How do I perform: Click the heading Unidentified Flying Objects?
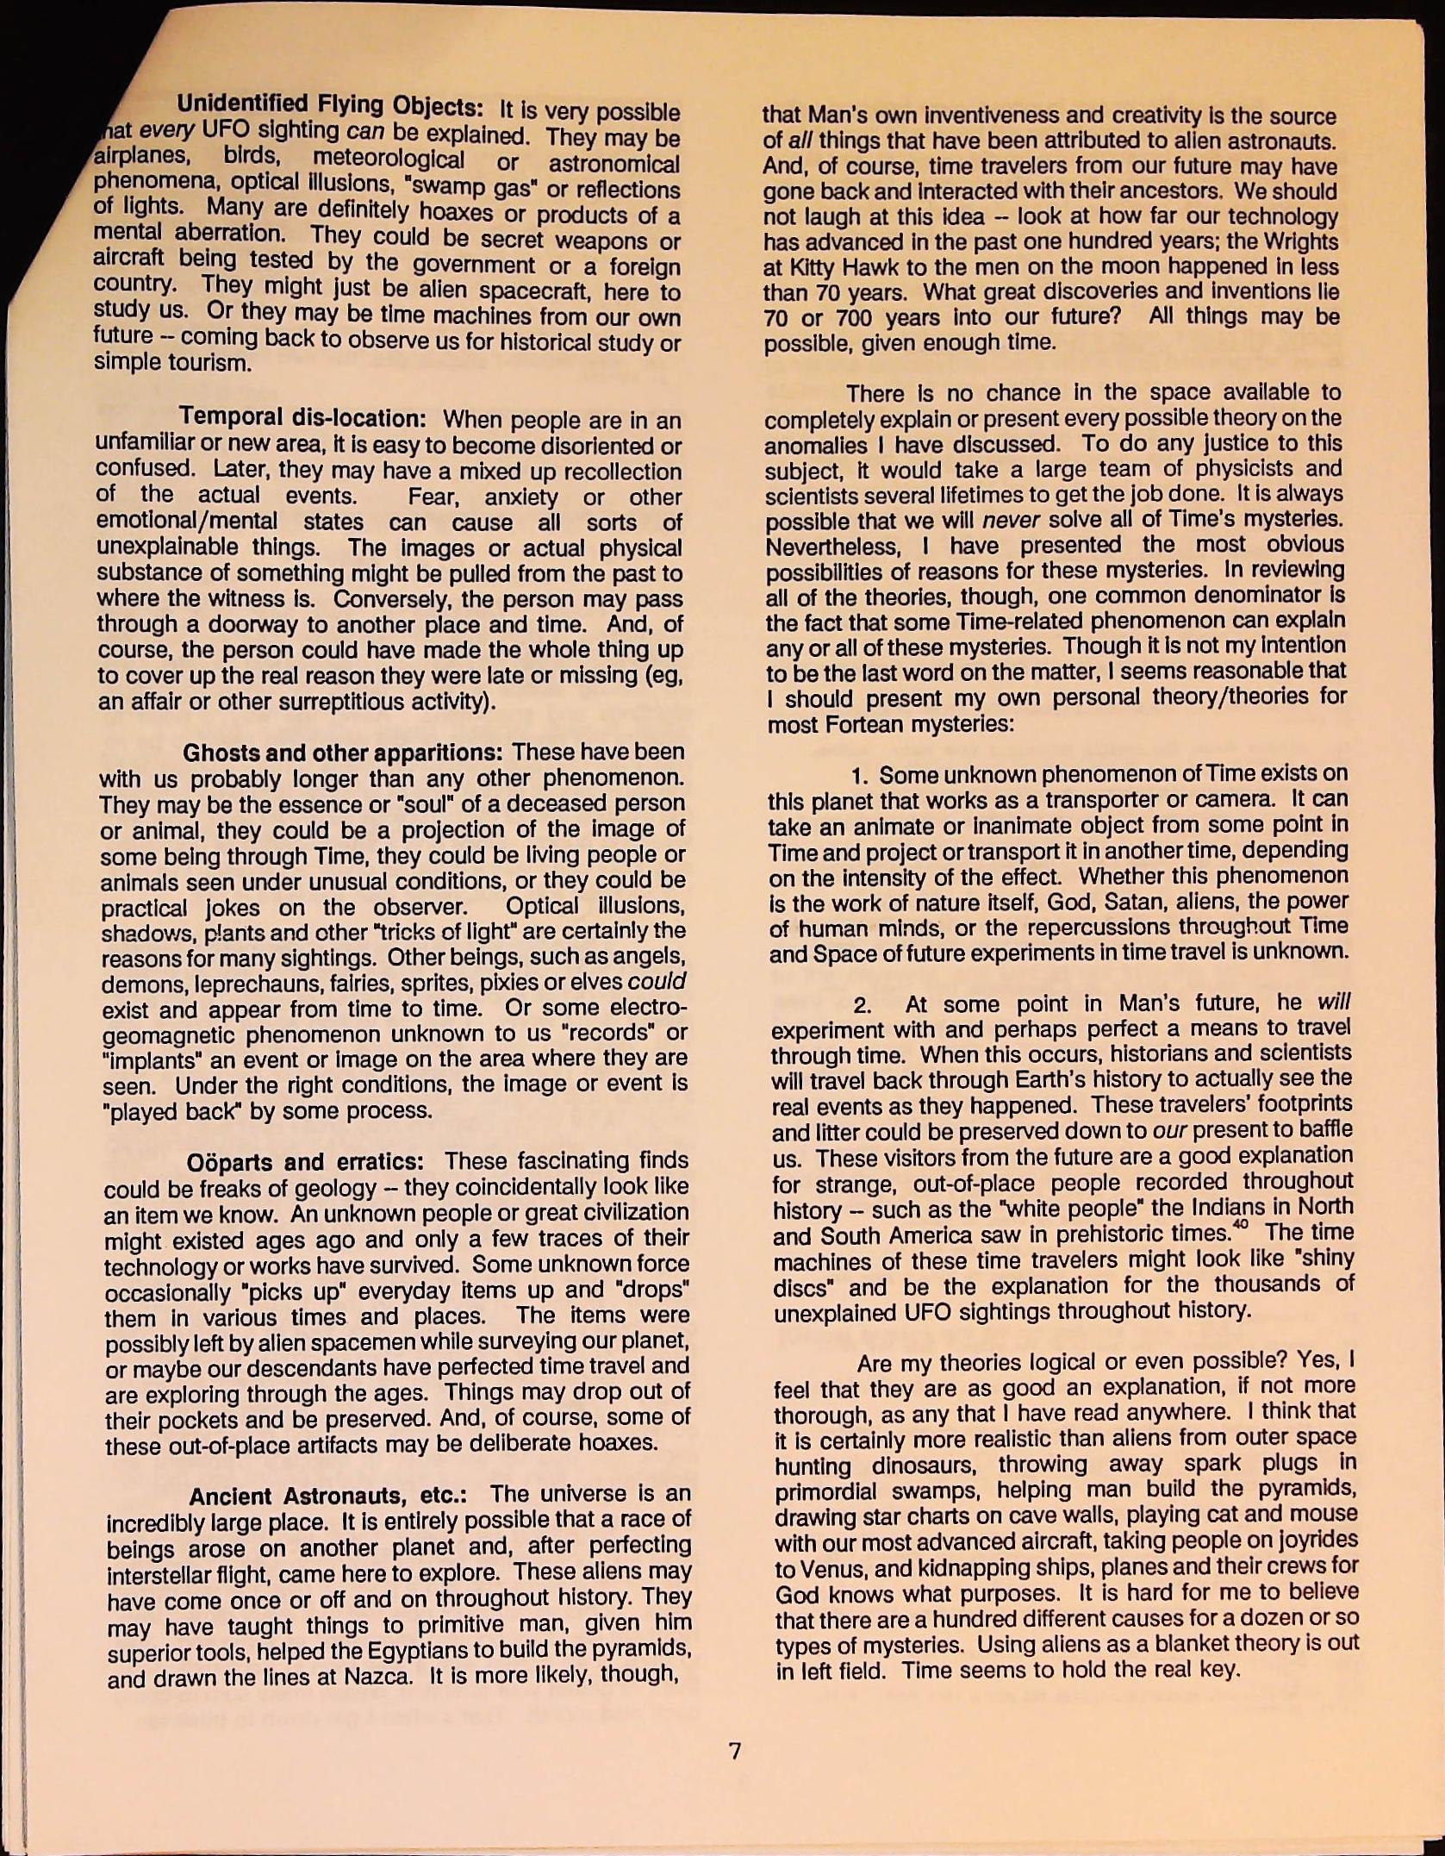(x=329, y=106)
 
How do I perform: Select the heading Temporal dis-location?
(x=302, y=418)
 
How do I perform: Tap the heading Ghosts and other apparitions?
(x=343, y=753)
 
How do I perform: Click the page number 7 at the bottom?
(x=734, y=1751)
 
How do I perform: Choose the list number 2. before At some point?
(x=863, y=1005)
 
